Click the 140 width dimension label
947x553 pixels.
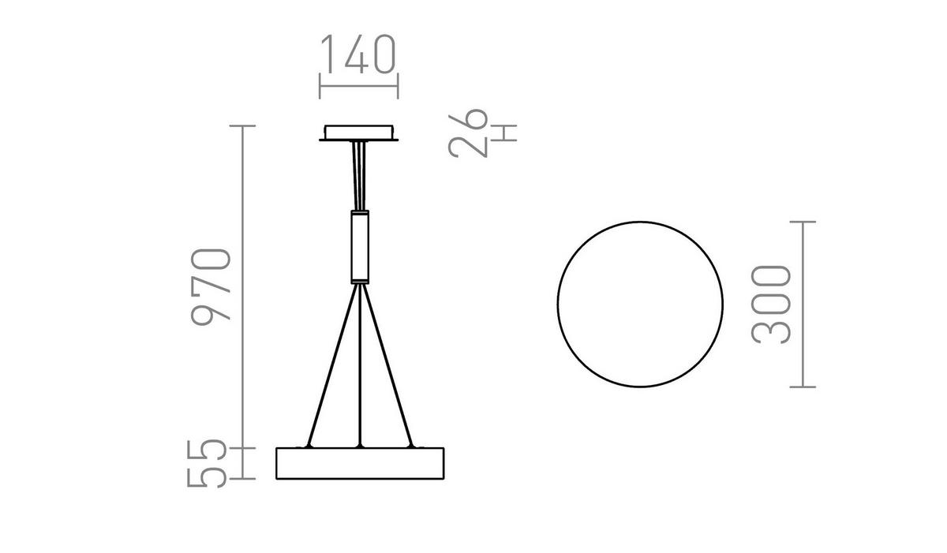[x=357, y=54]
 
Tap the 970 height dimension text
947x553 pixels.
[x=211, y=284]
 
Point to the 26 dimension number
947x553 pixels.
[x=468, y=133]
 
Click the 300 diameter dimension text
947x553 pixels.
[x=771, y=305]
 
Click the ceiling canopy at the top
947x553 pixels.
[x=358, y=132]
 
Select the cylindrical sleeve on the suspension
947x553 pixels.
[x=359, y=246]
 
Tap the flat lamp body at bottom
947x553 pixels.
[x=359, y=464]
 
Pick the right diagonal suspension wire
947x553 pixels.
[x=387, y=367]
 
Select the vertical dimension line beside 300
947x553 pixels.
[x=803, y=305]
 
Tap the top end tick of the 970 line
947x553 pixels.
[x=243, y=126]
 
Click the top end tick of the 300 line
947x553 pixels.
[x=803, y=222]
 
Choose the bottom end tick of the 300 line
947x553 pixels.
[x=803, y=387]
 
